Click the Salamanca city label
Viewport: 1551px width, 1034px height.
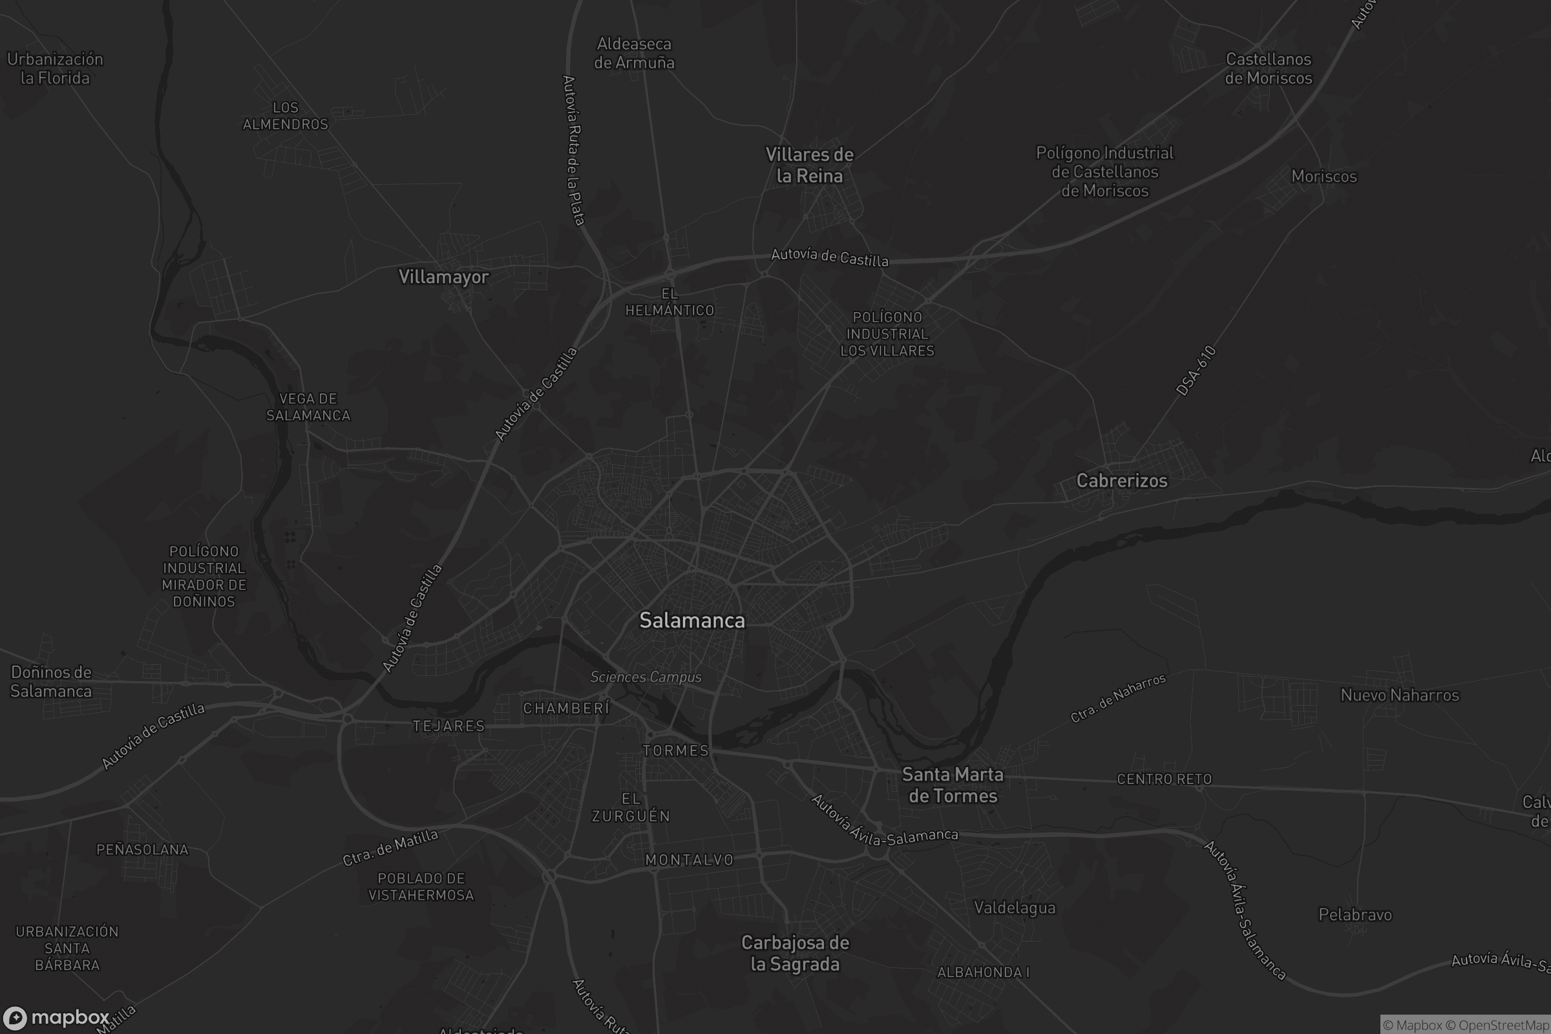(691, 620)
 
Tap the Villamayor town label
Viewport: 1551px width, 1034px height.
(443, 277)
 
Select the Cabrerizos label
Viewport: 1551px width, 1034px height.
(1121, 481)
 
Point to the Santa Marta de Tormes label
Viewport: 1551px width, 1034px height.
(952, 785)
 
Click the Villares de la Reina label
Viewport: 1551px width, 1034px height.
(809, 165)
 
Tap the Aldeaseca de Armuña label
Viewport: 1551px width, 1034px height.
(634, 54)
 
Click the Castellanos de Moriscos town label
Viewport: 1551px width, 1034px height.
(1268, 69)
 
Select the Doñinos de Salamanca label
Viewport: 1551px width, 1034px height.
(51, 681)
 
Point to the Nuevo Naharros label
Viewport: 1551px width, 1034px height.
(1399, 695)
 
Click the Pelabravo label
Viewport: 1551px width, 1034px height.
(1355, 914)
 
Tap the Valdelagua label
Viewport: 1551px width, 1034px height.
(1014, 908)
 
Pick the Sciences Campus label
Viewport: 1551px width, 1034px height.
(646, 677)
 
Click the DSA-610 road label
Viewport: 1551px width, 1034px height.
(1196, 370)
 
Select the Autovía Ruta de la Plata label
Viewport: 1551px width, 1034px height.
(573, 151)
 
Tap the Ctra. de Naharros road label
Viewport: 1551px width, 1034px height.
(1118, 698)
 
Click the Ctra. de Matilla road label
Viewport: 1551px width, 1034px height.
(390, 847)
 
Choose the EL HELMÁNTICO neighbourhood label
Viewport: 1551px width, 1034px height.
(670, 302)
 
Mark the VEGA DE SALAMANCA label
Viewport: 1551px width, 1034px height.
(308, 407)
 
